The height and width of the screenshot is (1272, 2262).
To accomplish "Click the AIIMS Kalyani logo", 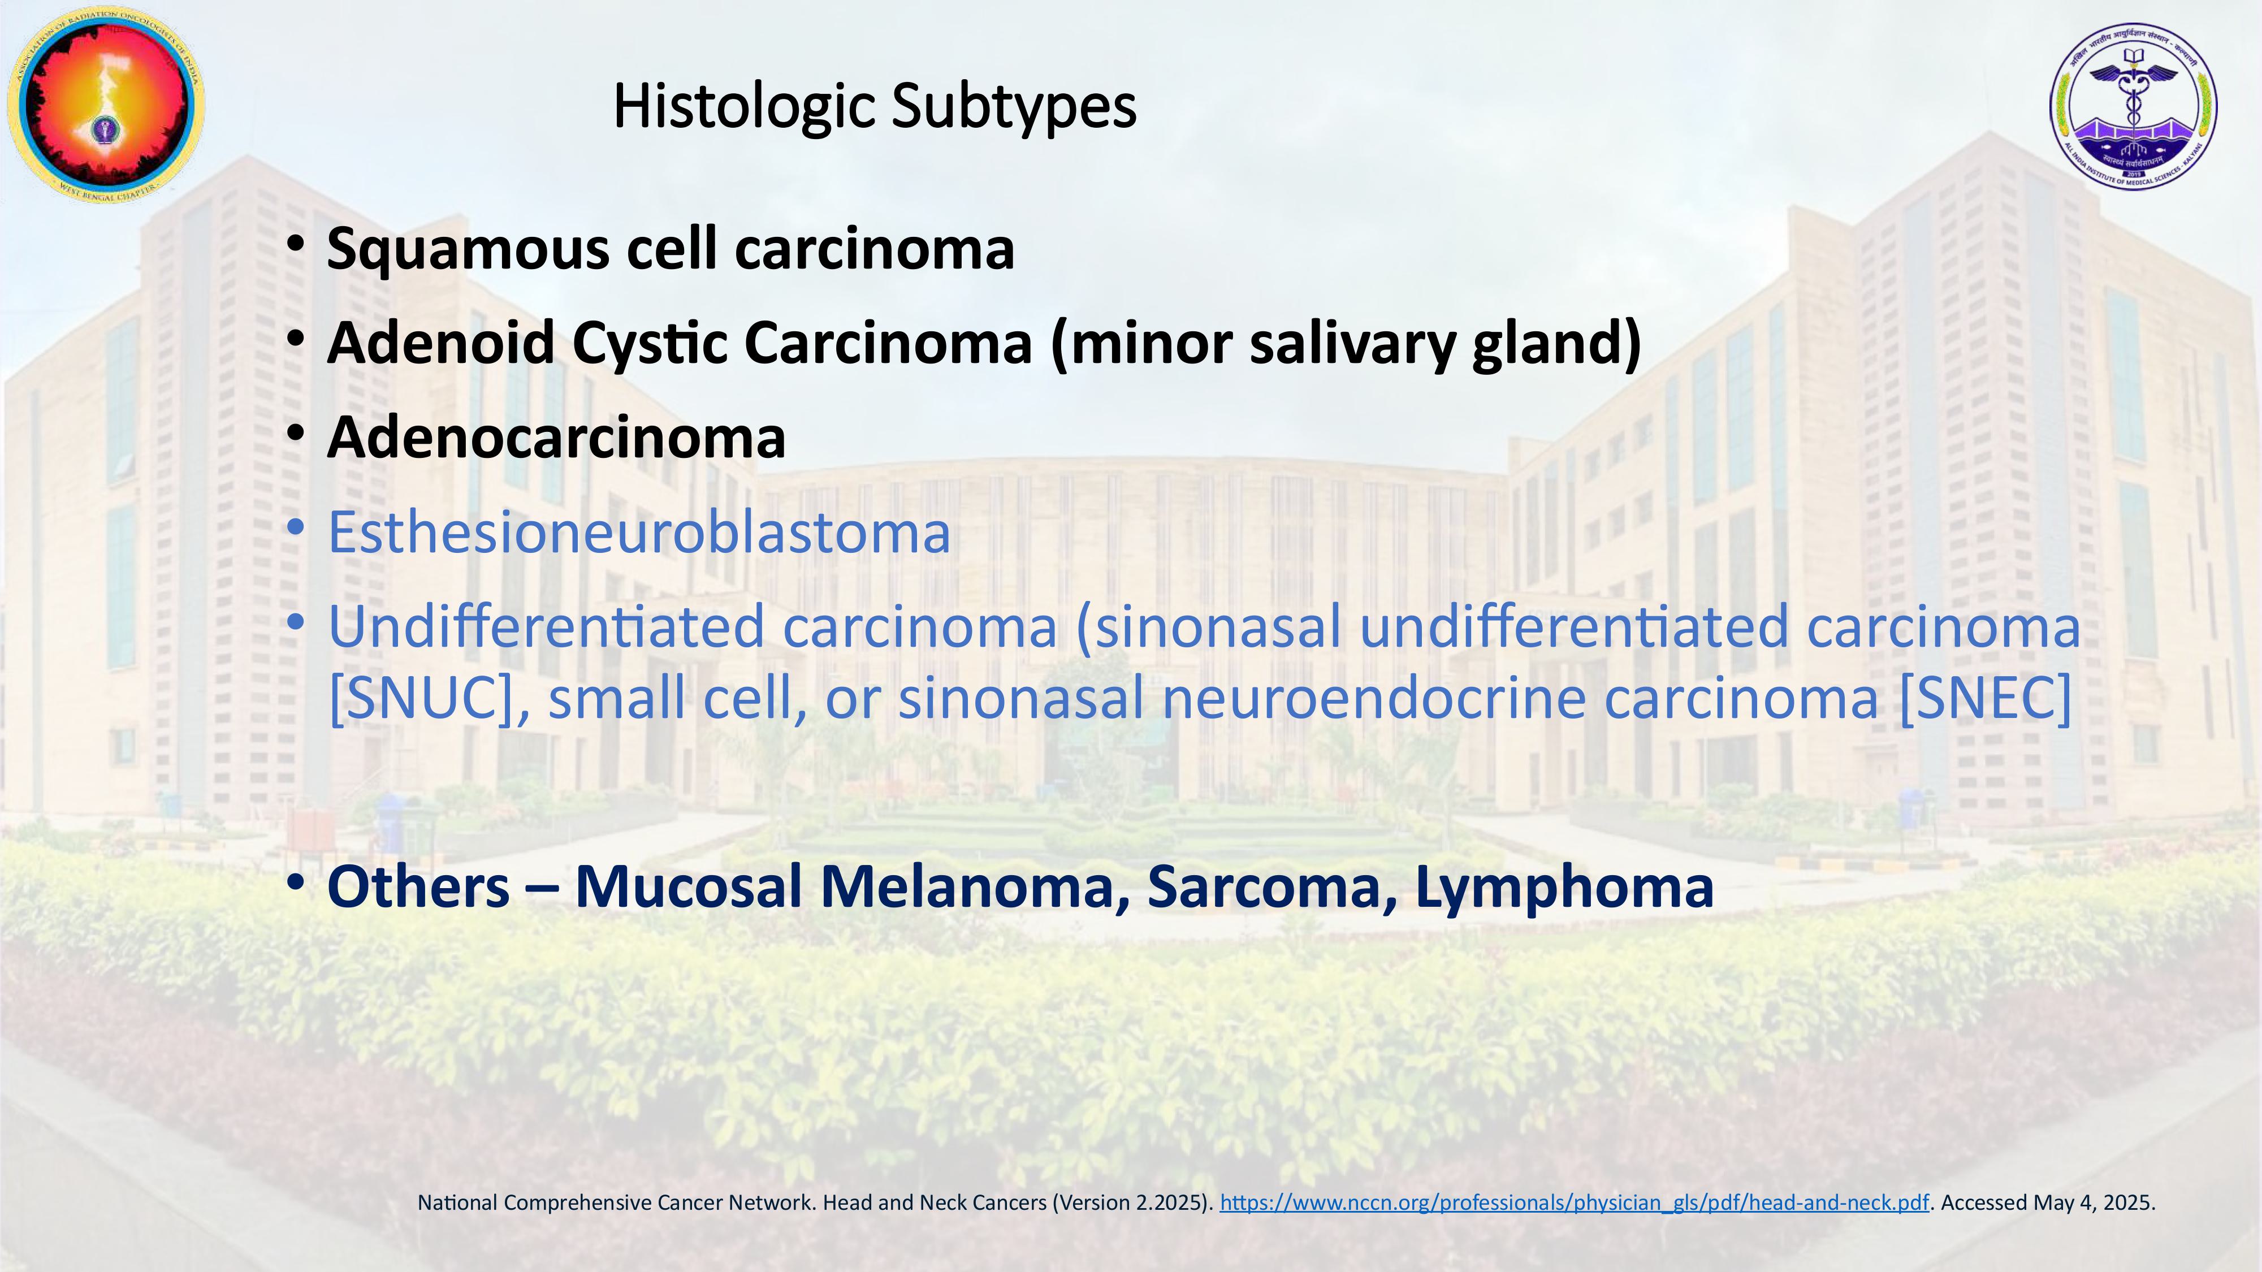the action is (2133, 106).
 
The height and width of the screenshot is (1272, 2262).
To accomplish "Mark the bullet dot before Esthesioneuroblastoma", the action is (296, 527).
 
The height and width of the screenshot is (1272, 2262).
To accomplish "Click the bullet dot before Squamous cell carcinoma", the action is (296, 243).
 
